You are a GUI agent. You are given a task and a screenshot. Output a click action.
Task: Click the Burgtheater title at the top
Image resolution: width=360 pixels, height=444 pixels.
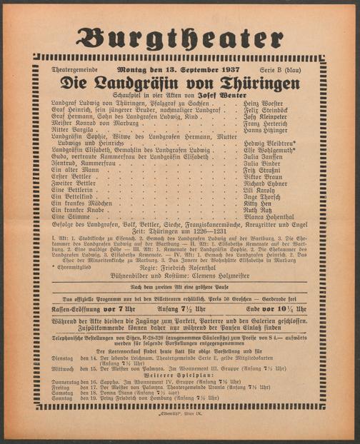[179, 37]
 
